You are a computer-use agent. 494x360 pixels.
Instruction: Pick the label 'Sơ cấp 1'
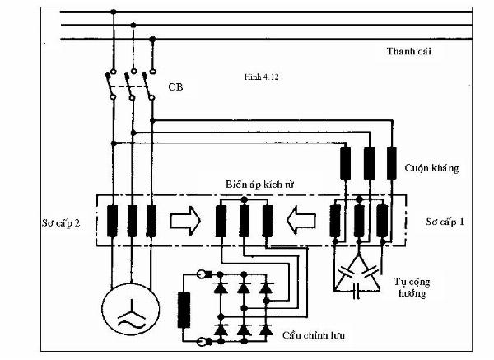coord(446,222)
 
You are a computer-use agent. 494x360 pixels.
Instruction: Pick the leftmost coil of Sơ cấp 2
coord(112,221)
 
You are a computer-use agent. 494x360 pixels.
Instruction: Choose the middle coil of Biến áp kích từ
coord(244,221)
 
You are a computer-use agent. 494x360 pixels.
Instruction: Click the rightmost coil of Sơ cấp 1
coord(383,221)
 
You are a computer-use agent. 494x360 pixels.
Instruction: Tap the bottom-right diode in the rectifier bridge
coord(265,329)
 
